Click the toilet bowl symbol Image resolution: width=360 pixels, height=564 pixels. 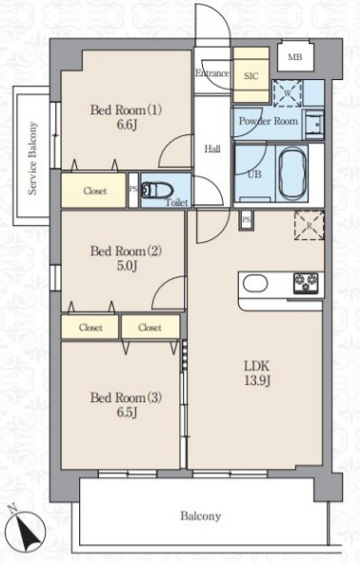tap(157, 191)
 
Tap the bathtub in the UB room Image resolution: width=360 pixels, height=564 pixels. tap(292, 174)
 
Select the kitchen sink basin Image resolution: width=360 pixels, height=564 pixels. tap(255, 283)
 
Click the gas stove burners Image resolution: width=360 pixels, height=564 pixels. tap(306, 283)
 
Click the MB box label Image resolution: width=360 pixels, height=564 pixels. tap(295, 57)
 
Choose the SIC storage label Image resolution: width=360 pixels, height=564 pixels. tap(251, 76)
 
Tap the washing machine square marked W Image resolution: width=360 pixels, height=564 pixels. tap(288, 93)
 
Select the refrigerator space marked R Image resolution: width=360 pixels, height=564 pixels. tap(309, 226)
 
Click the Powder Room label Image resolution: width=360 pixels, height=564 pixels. tap(269, 121)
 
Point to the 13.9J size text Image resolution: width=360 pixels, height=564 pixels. tap(257, 381)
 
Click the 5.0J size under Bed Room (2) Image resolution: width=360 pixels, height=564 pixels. tap(127, 266)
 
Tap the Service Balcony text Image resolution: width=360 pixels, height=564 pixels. tap(32, 158)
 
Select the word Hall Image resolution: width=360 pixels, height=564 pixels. tap(212, 149)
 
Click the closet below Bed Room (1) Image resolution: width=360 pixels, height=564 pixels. tap(94, 191)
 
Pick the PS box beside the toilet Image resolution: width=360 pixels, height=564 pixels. tap(133, 191)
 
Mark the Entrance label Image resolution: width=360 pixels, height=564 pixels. tap(212, 73)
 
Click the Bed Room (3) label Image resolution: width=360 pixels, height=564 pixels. tap(126, 397)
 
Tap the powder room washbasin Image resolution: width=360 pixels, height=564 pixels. tap(314, 124)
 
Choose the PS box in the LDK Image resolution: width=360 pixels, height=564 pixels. tap(247, 220)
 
